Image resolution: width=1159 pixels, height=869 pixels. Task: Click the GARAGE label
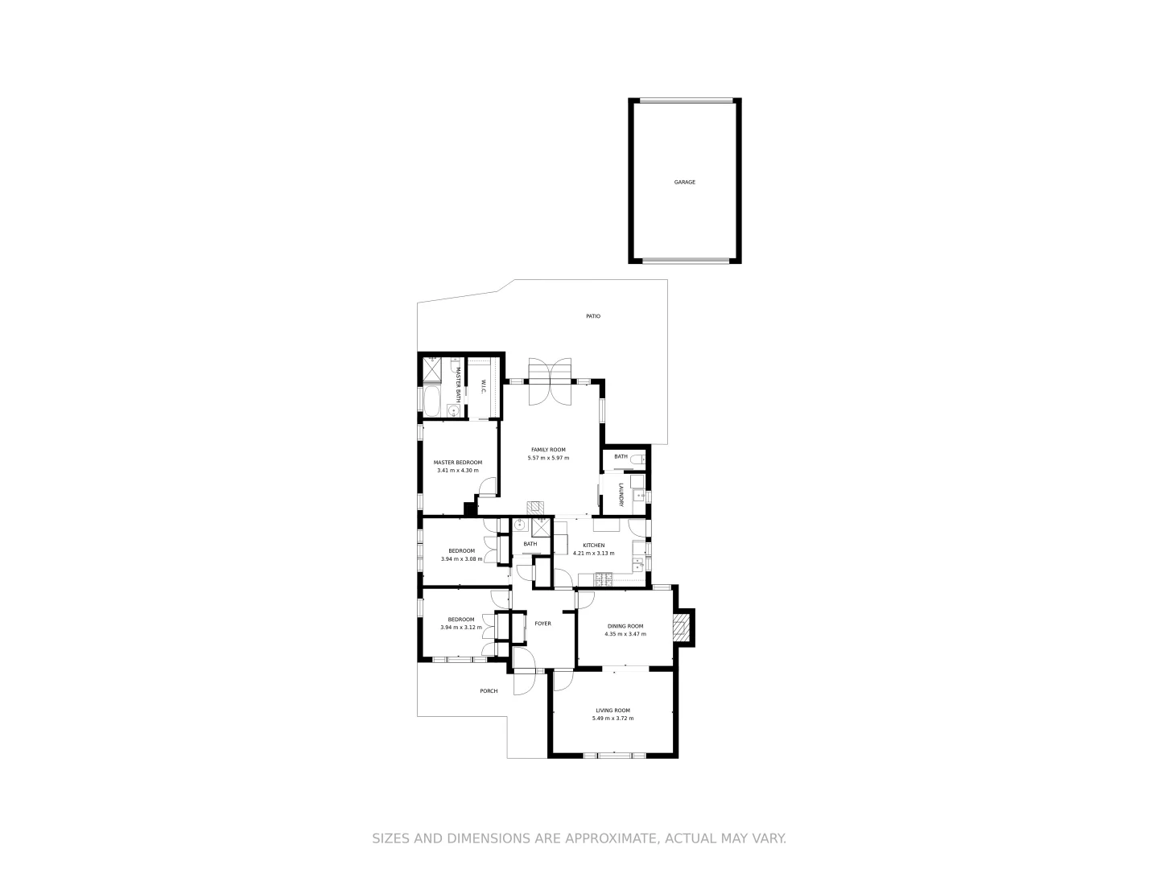tap(684, 183)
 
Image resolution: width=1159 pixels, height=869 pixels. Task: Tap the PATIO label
tap(593, 316)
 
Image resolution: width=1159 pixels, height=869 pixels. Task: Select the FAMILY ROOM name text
tap(548, 450)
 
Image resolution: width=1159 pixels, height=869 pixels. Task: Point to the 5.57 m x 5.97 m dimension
tap(548, 458)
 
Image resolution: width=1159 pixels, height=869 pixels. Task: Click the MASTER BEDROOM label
tap(458, 463)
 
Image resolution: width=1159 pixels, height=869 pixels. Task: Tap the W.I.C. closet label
tap(483, 386)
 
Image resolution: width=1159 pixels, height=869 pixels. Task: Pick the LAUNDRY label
tap(621, 495)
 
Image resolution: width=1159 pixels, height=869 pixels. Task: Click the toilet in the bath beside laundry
tap(638, 459)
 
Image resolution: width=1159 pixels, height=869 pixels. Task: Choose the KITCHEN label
tap(594, 546)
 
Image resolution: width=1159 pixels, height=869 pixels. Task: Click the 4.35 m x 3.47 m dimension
tap(625, 634)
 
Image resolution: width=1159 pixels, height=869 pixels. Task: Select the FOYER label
tap(543, 624)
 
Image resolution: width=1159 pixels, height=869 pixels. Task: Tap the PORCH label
tap(489, 691)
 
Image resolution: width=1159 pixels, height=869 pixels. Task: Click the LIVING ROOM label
tap(612, 710)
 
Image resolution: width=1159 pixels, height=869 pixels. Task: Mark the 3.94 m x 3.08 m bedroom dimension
tap(461, 559)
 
